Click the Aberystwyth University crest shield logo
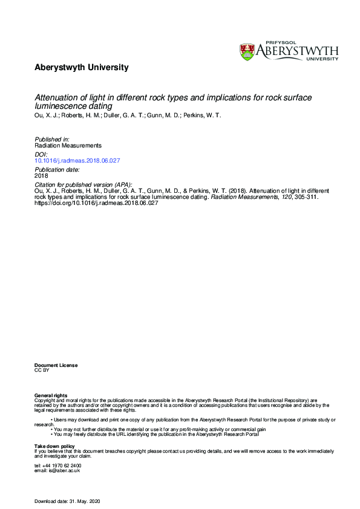[x=247, y=51]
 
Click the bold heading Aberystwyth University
[x=81, y=68]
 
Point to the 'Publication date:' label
[x=56, y=170]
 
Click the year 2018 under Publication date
[x=41, y=176]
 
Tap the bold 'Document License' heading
[x=56, y=365]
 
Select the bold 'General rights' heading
[x=51, y=395]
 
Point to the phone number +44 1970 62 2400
[x=57, y=465]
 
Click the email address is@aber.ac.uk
[x=57, y=470]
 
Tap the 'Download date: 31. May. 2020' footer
[x=71, y=501]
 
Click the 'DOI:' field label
[x=40, y=154]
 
